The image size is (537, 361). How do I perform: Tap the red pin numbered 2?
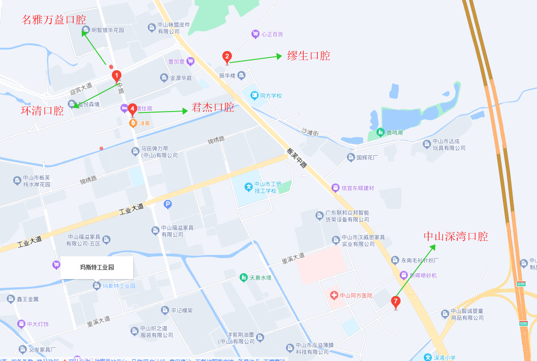pos(226,57)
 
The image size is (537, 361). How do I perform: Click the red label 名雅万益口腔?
pos(54,20)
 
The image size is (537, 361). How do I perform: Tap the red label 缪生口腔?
pos(309,56)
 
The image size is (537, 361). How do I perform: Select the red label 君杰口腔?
pos(213,108)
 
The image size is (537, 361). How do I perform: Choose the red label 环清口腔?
pos(42,111)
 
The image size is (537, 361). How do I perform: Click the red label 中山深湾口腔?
pos(456,237)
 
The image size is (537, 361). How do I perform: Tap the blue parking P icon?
pos(168,205)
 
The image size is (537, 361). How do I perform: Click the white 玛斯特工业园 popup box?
pos(97,267)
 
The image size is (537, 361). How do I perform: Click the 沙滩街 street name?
pos(310,132)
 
